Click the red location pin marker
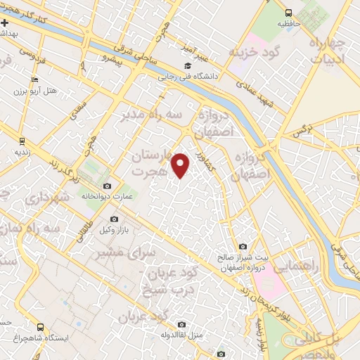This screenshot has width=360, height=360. coord(181,165)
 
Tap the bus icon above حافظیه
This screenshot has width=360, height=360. coord(289,13)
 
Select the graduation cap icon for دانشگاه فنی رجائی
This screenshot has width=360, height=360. coord(188,66)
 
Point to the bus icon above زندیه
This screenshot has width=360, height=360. coord(19,140)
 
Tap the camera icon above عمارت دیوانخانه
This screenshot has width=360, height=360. coord(106,186)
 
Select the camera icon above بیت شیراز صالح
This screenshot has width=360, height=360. coord(243,247)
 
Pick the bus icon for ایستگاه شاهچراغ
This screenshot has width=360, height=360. coord(41,328)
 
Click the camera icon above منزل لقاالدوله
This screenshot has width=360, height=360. coord(181,324)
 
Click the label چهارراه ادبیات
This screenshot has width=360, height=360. coord(329,53)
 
